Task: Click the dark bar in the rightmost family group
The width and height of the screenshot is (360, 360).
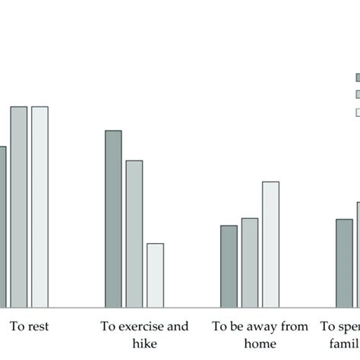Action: point(344,263)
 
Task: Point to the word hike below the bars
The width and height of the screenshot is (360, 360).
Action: point(144,343)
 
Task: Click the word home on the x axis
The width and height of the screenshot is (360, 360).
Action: point(260,343)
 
